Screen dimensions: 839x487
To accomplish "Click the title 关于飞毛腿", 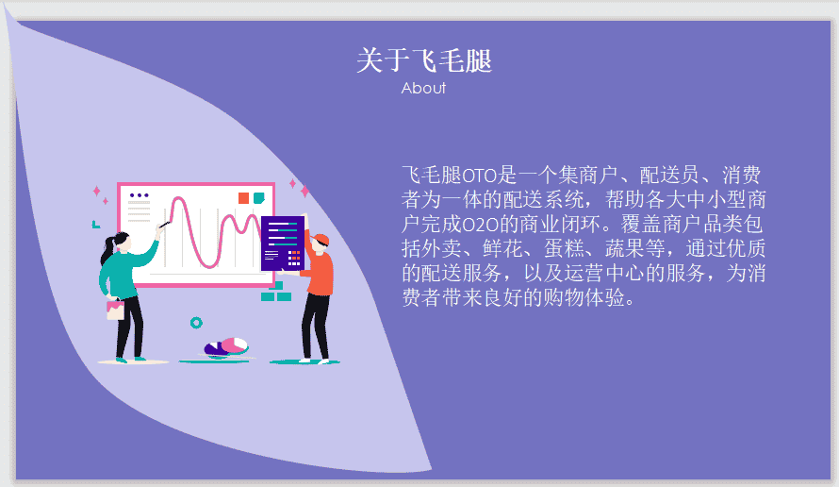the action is coord(424,60).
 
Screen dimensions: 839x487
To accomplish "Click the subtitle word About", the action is coord(423,88).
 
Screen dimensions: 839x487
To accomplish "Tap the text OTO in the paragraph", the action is coord(480,176).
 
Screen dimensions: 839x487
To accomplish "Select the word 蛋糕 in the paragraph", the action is coord(564,248).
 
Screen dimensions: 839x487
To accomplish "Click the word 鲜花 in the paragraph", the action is coord(502,248).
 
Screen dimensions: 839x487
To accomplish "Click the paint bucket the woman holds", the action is coord(115,310).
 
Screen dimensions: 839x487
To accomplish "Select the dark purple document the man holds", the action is coord(283,243).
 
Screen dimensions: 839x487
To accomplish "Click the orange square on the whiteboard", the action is coord(243,198).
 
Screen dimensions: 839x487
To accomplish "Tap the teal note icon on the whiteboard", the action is coord(259,198).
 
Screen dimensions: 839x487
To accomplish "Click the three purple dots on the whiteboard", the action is coord(140,195).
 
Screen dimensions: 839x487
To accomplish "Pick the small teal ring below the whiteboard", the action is coord(196,323).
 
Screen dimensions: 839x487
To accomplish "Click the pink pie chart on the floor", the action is coord(234,345).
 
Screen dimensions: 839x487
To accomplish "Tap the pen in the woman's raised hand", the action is coord(165,225).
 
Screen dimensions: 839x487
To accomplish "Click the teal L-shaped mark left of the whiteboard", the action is coord(95,225).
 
